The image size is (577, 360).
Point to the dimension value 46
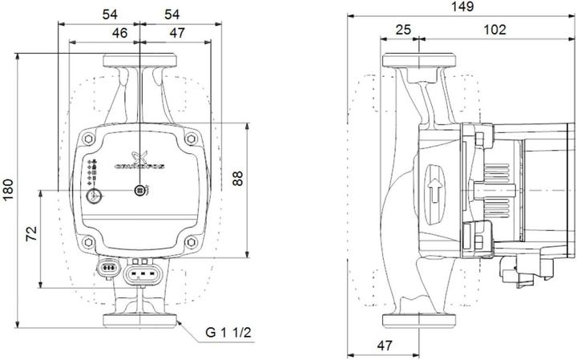[120, 33]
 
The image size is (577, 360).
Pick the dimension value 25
[403, 30]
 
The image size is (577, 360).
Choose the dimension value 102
[495, 30]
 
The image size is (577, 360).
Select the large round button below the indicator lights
[95, 195]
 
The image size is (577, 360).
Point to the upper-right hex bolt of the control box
[190, 141]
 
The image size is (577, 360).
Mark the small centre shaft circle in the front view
[140, 191]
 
